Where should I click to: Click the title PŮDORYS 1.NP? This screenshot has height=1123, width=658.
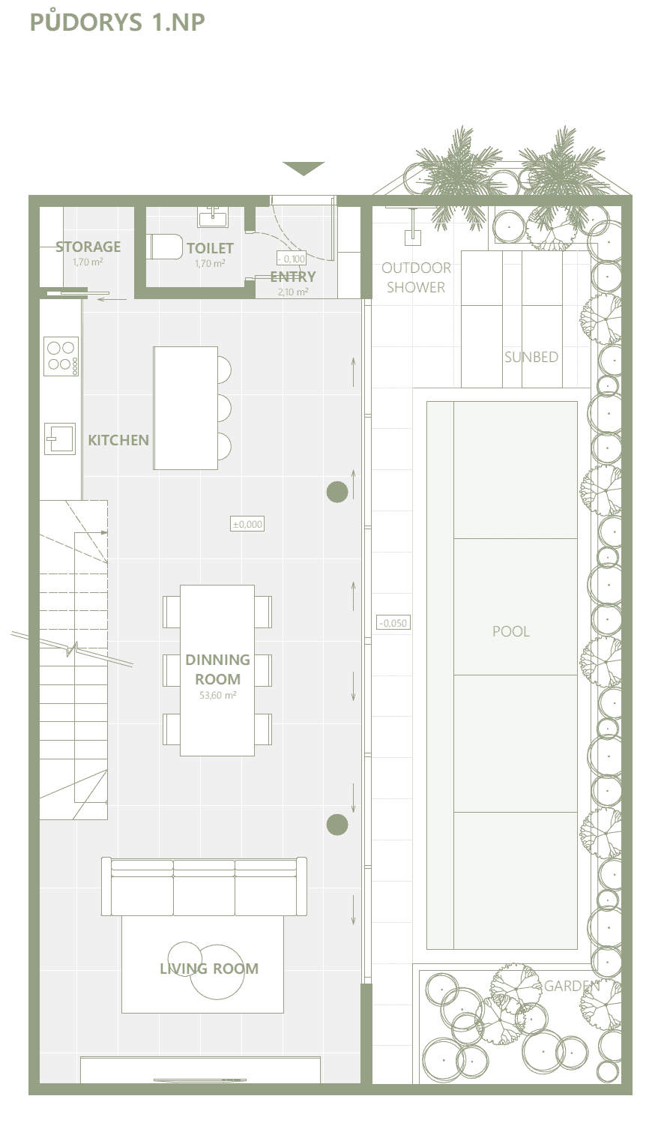(x=117, y=21)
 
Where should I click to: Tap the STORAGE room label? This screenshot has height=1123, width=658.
(x=88, y=247)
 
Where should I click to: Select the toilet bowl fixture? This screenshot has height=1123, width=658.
(x=166, y=246)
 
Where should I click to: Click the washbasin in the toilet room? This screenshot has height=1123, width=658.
(x=213, y=217)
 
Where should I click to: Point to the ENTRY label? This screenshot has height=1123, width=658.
(x=293, y=277)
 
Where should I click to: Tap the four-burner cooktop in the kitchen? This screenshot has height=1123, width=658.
(x=61, y=356)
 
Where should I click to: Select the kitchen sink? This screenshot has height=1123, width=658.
(x=60, y=439)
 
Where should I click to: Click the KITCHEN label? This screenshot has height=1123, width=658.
(x=118, y=440)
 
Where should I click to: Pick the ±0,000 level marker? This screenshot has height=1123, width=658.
(x=247, y=524)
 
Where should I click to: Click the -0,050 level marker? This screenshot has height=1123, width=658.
(x=393, y=623)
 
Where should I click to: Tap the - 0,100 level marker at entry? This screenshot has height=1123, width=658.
(x=292, y=259)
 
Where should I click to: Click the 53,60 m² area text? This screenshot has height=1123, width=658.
(x=217, y=696)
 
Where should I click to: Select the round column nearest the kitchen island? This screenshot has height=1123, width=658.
(x=337, y=492)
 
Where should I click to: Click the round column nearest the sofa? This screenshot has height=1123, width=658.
(x=337, y=825)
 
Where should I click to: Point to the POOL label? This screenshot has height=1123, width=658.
(x=510, y=631)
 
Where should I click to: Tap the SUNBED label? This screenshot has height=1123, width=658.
(x=531, y=357)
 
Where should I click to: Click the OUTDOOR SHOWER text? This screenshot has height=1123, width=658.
(x=416, y=277)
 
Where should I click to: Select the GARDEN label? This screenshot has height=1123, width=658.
(x=572, y=986)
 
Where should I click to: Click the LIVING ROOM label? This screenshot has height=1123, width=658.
(x=209, y=969)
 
